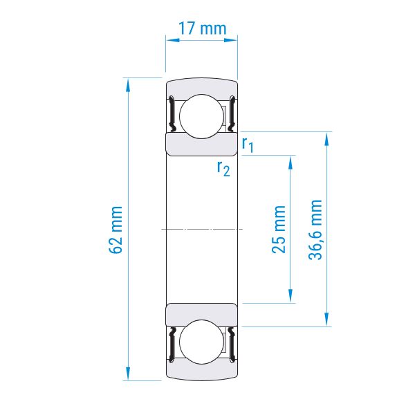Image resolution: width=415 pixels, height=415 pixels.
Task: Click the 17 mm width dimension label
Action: coord(203,28)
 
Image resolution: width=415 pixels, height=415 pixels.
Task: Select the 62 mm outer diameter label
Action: coord(116,230)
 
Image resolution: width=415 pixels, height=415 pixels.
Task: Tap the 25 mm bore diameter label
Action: coord(279,229)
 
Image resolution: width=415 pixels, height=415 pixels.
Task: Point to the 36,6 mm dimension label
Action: coord(315,230)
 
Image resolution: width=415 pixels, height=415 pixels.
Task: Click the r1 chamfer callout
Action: coord(248,145)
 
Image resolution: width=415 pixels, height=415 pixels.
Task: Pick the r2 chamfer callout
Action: coord(223,169)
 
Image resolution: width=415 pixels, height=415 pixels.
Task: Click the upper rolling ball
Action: coord(202,116)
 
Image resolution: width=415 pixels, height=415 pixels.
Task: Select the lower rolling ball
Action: coord(202,342)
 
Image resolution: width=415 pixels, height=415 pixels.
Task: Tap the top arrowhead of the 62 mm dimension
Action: coord(128,84)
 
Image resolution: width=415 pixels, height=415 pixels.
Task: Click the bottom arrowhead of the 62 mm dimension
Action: coord(128,373)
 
